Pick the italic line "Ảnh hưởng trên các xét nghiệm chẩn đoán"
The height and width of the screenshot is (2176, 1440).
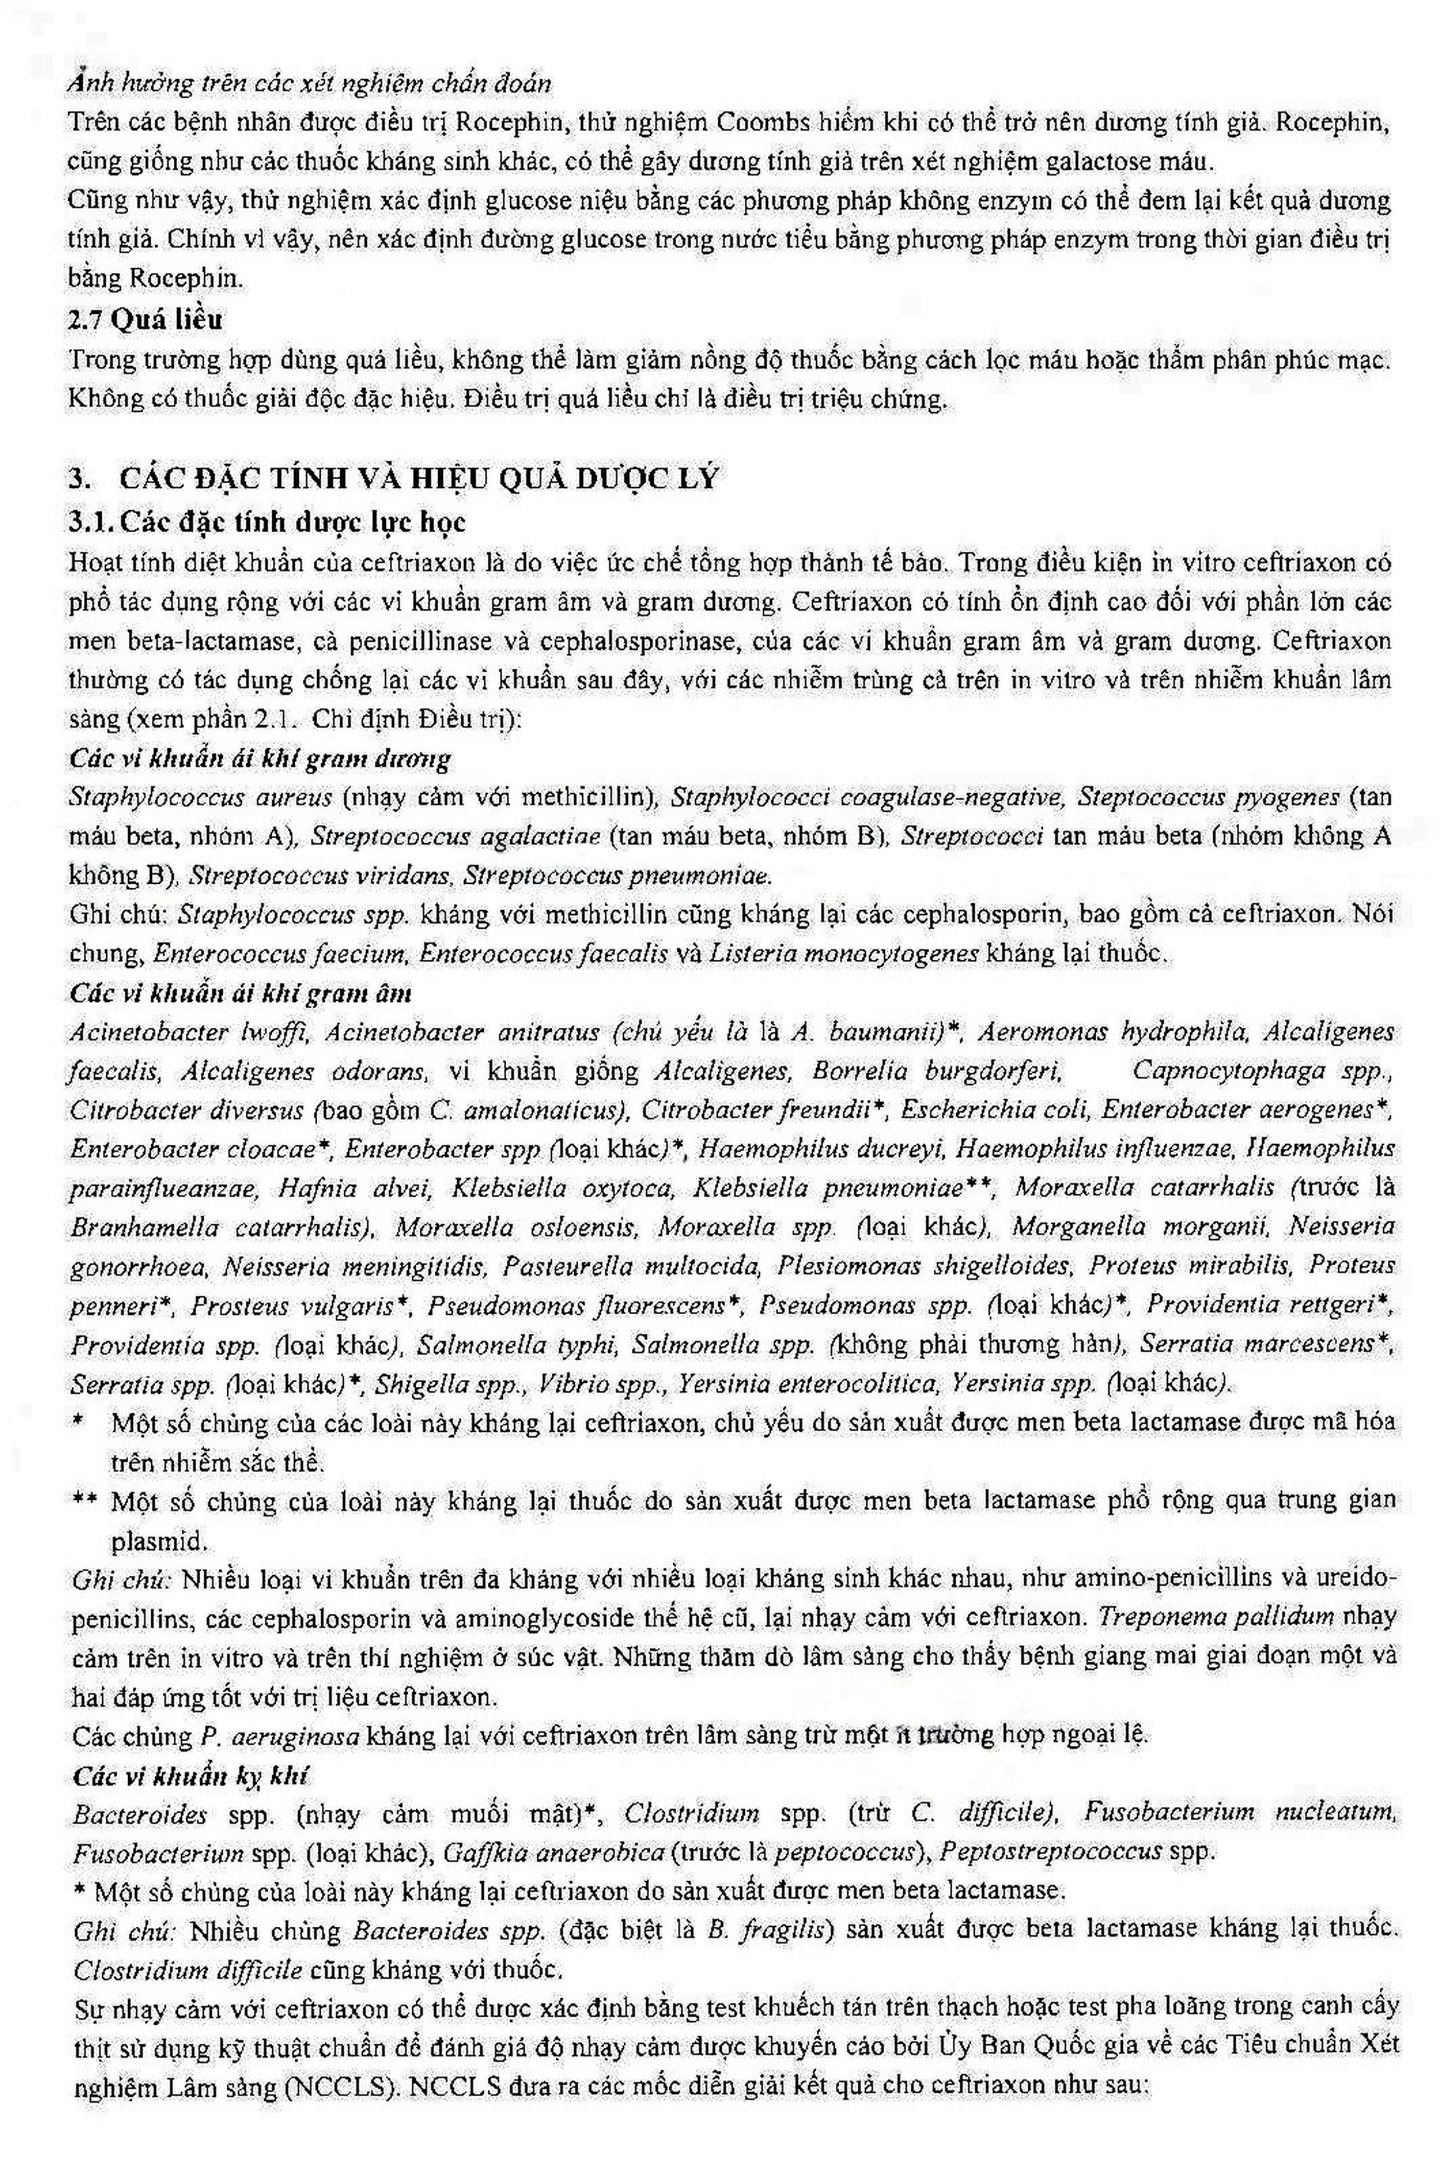309,84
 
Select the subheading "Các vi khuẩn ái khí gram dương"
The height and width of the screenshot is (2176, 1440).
260,759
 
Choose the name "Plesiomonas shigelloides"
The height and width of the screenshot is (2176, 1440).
923,1267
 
